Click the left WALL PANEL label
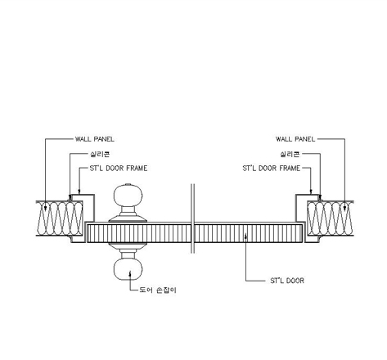pyautogui.click(x=95, y=139)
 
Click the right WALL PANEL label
pyautogui.click(x=295, y=139)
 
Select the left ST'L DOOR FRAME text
pyautogui.click(x=119, y=169)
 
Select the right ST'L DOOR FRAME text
pyautogui.click(x=272, y=169)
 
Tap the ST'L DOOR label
pyautogui.click(x=287, y=281)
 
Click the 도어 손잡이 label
pyautogui.click(x=158, y=290)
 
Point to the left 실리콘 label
pyautogui.click(x=100, y=155)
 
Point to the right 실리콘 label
pyautogui.click(x=290, y=155)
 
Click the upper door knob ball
pyautogui.click(x=128, y=196)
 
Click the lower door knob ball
pyautogui.click(x=128, y=269)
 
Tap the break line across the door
pyautogui.click(x=192, y=218)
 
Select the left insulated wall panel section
pyautogui.click(x=60, y=218)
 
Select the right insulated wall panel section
pyautogui.click(x=331, y=218)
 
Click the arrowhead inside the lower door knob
pyautogui.click(x=130, y=273)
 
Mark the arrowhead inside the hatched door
pyautogui.click(x=245, y=236)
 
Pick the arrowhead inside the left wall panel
pyautogui.click(x=45, y=208)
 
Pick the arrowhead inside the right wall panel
pyautogui.click(x=344, y=208)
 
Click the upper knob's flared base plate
pyautogui.click(x=128, y=218)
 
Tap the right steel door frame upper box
pyautogui.click(x=308, y=208)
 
